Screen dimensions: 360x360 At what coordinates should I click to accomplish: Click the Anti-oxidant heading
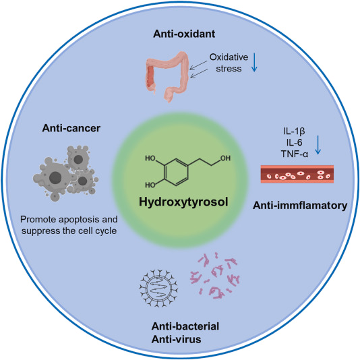(184, 34)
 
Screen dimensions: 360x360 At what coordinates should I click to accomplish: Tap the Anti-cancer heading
(71, 128)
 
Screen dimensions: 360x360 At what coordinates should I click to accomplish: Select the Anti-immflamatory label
(300, 206)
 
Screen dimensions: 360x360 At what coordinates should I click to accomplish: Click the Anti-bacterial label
(185, 326)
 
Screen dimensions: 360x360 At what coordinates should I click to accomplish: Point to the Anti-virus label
(177, 339)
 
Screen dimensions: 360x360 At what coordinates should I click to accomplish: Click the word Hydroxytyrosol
(183, 202)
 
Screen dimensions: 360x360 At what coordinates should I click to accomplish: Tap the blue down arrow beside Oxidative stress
(254, 62)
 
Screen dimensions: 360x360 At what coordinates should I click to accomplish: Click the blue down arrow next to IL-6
(318, 145)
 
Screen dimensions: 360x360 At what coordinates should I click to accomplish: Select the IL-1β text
(295, 131)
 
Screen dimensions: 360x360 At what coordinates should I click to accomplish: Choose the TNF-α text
(295, 154)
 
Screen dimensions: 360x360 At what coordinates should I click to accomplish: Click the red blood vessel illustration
(297, 174)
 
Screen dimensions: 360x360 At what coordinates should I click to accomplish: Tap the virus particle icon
(158, 288)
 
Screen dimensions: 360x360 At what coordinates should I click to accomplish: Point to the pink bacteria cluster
(214, 276)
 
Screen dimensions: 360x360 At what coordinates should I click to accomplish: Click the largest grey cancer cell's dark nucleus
(55, 177)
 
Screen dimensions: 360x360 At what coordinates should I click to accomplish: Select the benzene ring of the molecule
(177, 172)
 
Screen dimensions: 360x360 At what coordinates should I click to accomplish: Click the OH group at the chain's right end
(225, 158)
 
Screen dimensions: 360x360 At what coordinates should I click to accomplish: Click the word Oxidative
(229, 57)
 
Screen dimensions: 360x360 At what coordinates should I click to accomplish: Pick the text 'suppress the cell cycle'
(69, 231)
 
